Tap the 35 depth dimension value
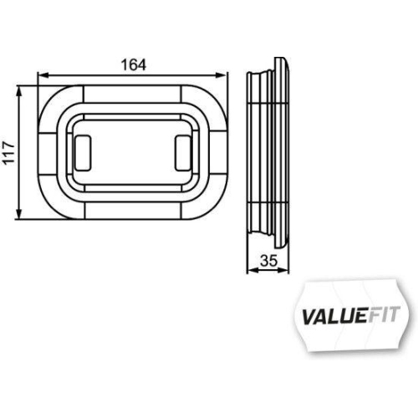[268, 260]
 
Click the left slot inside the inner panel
[84, 150]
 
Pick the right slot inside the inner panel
[184, 150]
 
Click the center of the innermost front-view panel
[134, 150]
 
